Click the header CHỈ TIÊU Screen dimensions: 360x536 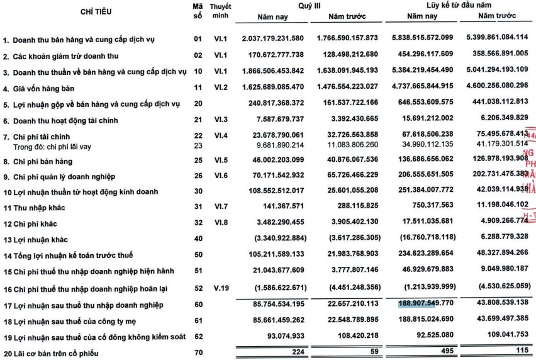95,12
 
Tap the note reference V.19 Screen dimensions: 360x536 220,289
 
